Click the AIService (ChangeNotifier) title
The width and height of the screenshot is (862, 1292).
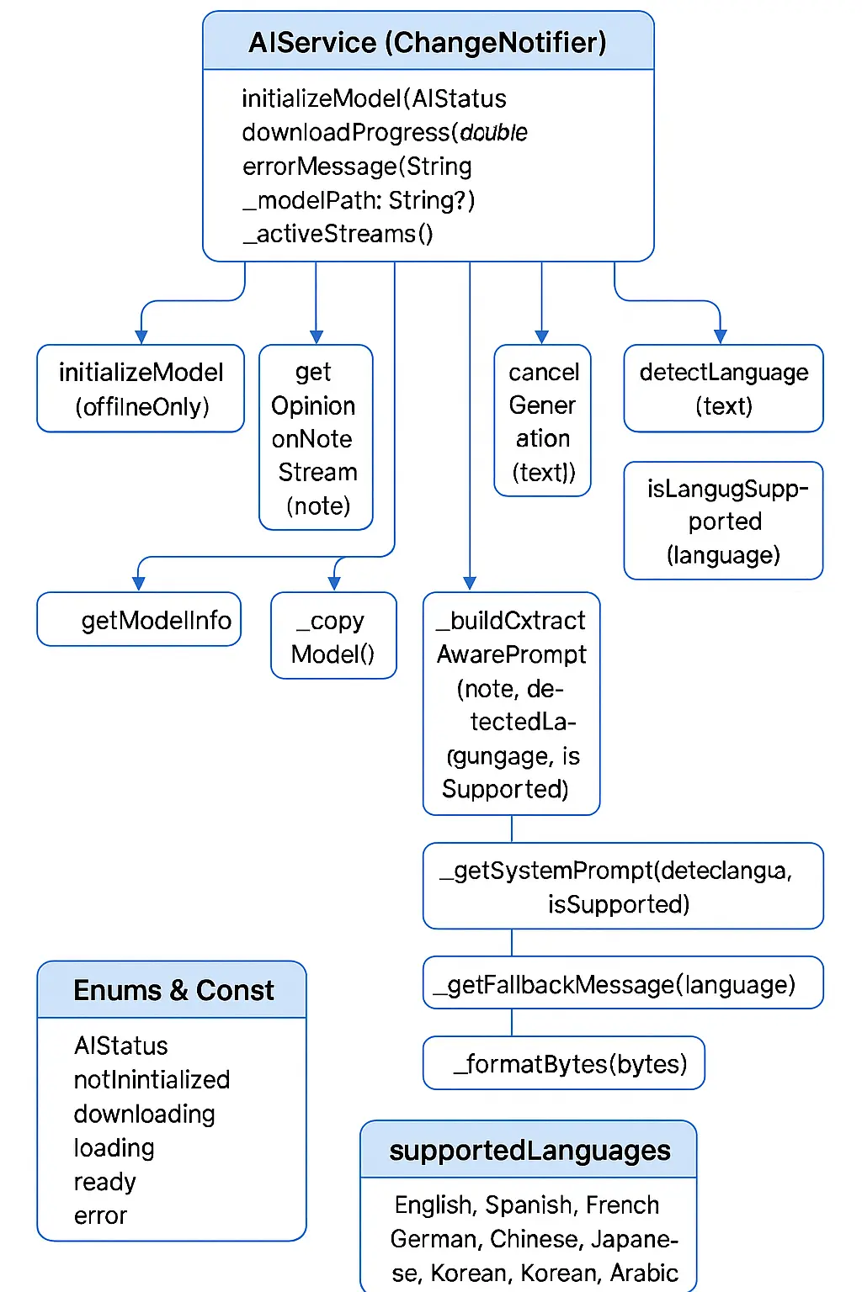point(428,42)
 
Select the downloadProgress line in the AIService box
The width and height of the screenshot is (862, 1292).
point(384,133)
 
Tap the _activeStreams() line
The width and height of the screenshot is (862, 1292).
point(338,234)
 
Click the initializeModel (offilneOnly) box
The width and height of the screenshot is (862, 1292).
point(141,389)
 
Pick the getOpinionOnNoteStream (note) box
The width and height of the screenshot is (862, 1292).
point(316,437)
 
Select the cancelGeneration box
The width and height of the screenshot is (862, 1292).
point(543,421)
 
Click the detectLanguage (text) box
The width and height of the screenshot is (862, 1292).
point(723,389)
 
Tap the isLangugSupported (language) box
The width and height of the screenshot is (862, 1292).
point(723,521)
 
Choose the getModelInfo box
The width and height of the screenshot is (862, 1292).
point(140,620)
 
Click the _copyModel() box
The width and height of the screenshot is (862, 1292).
point(333,636)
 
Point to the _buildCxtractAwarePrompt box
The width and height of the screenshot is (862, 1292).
point(511,704)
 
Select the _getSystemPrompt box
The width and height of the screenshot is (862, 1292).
point(622,887)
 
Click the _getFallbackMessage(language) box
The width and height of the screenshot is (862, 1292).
point(622,983)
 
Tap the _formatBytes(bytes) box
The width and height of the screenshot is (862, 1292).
point(564,1063)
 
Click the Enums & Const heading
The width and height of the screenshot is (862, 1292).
point(173,990)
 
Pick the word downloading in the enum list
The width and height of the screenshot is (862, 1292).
point(144,1114)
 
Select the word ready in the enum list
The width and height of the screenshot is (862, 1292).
point(104,1182)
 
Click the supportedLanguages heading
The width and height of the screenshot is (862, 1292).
point(529,1150)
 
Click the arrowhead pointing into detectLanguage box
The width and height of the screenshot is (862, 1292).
point(720,336)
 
